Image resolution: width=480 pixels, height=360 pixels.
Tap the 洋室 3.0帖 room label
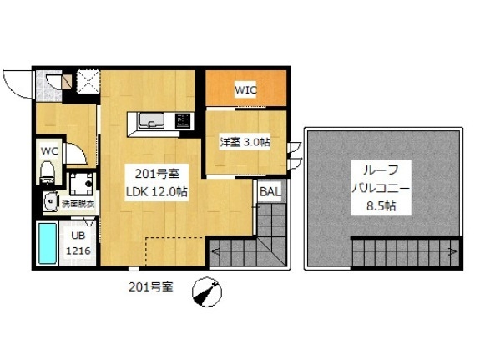coord(244,143)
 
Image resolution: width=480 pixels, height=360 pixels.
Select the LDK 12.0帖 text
coord(156,191)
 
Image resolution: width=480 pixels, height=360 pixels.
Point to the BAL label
coord(270,192)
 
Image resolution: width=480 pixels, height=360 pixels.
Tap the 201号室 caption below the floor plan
coord(151,286)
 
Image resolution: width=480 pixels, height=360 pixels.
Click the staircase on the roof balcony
coord(406,249)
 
